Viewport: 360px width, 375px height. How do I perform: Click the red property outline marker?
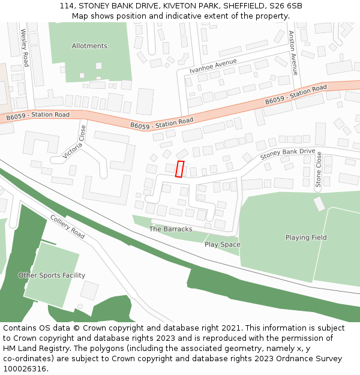click(179, 169)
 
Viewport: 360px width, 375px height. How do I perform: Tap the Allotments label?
click(89, 46)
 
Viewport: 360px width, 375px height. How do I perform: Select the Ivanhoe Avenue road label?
click(213, 66)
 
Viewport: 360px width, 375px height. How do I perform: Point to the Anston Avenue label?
click(293, 53)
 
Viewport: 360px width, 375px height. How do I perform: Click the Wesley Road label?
click(25, 47)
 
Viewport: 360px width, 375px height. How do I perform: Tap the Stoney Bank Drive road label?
click(287, 154)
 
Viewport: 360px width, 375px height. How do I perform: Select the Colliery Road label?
click(67, 227)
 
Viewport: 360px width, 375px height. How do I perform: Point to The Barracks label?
click(170, 229)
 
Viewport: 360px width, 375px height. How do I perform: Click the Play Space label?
click(222, 245)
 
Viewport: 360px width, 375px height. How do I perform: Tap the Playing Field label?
click(306, 238)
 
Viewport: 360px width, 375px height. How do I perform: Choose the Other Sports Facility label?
click(52, 275)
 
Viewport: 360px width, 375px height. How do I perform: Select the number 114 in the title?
click(67, 6)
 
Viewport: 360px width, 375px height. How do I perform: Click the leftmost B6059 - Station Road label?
click(38, 115)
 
